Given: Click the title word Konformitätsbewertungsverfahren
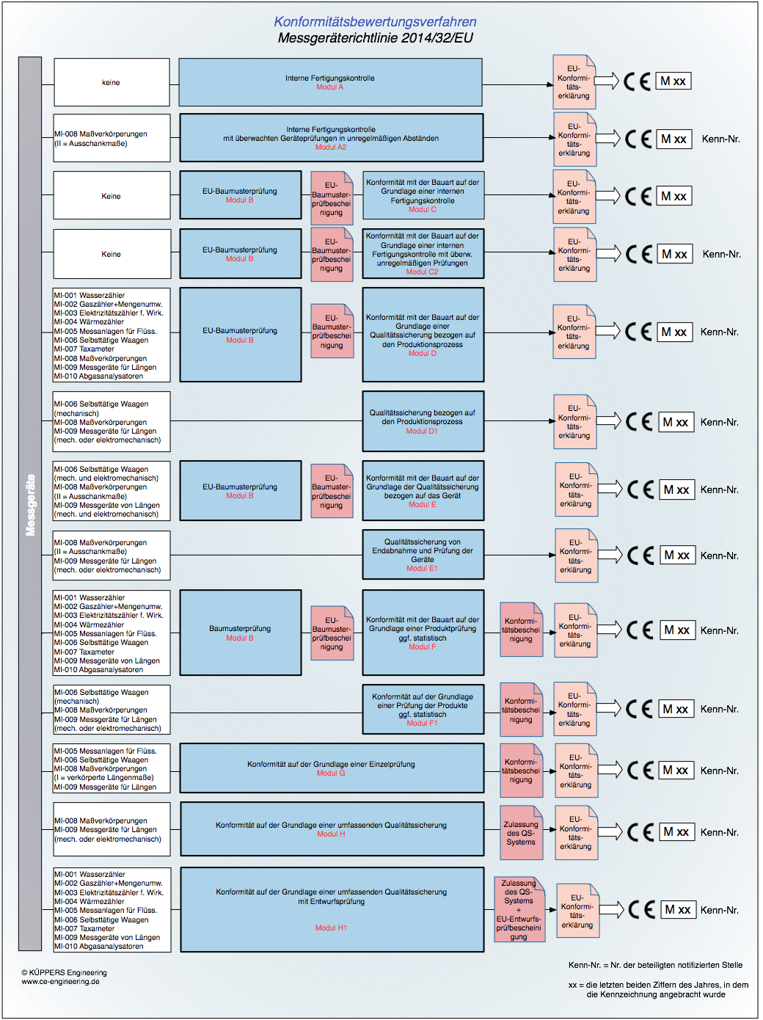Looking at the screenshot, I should [375, 22].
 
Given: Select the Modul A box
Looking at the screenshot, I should [330, 82].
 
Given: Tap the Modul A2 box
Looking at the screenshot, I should [331, 137].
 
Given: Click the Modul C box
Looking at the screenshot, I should [423, 195].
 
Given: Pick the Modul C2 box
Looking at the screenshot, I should [423, 254].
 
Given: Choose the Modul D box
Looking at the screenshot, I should [423, 335].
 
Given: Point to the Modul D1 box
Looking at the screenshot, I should [423, 421].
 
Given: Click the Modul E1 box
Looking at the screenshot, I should [423, 555].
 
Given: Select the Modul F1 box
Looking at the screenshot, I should [423, 709].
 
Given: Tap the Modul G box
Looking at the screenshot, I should [331, 768].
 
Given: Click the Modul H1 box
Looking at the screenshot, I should [331, 909].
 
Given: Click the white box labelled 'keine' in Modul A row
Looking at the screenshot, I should [112, 83].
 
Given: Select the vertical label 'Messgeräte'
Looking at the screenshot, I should [30, 504].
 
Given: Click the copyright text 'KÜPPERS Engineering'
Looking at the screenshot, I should [65, 972].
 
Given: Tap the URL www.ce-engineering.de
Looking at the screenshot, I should [60, 982].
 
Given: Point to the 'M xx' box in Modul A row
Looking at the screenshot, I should [673, 81].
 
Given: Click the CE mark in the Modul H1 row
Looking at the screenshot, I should [642, 910].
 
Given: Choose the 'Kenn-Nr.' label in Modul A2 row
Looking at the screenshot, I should [720, 139].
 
